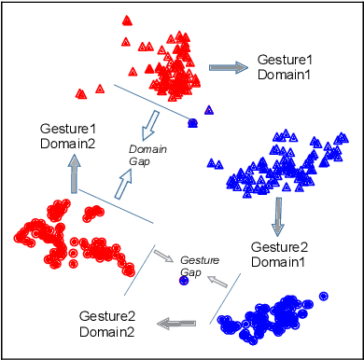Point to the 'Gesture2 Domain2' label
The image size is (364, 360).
(x=105, y=324)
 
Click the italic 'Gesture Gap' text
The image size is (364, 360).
(x=198, y=265)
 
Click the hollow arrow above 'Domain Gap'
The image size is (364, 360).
(x=147, y=121)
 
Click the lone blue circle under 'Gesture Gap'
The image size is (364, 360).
(x=185, y=280)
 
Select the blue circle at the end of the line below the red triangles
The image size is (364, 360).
(x=193, y=122)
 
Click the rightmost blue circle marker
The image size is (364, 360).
(x=324, y=296)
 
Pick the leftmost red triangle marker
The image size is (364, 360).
(x=81, y=92)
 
